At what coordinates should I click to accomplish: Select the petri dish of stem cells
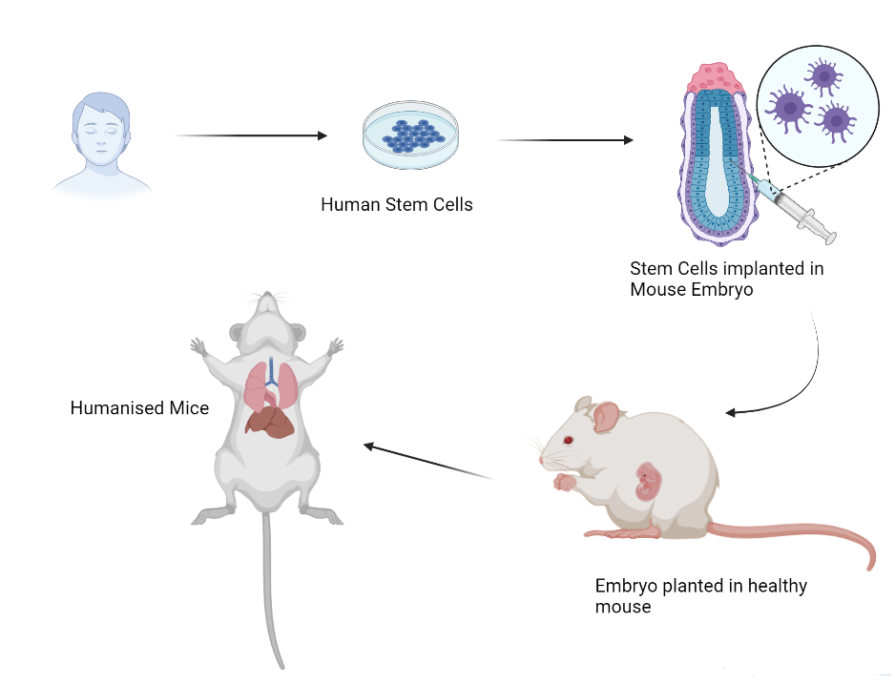pos(410,137)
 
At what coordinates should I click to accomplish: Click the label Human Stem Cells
pos(396,204)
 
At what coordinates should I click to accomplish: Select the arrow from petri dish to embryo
pos(565,140)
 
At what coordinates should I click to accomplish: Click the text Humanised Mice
pos(139,408)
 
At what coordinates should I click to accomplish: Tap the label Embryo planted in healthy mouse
pos(700,595)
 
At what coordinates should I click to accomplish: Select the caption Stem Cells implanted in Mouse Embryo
pos(726,279)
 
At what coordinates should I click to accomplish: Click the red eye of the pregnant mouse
pos(570,440)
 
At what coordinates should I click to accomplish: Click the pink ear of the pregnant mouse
pos(607,416)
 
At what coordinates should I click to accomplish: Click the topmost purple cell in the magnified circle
pos(821,74)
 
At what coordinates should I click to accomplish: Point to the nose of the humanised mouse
pos(270,299)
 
